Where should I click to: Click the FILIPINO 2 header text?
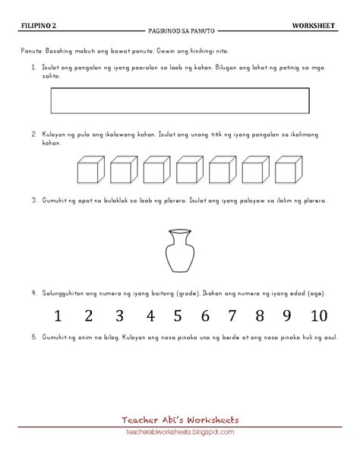click(39, 26)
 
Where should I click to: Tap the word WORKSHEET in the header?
click(314, 26)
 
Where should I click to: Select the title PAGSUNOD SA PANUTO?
click(182, 31)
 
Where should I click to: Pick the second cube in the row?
click(124, 170)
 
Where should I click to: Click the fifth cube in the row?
click(223, 170)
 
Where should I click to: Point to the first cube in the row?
click(91, 170)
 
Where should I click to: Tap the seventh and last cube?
click(289, 170)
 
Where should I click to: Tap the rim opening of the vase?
click(180, 231)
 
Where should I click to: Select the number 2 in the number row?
click(89, 315)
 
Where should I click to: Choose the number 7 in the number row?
click(232, 315)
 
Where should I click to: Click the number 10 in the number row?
click(319, 315)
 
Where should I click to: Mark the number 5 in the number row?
click(178, 315)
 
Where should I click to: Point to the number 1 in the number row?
click(58, 315)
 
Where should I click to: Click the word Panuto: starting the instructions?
click(32, 51)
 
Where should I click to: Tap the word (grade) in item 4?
click(188, 293)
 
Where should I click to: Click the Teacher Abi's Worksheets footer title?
click(180, 420)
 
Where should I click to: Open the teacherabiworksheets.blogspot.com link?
click(180, 432)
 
